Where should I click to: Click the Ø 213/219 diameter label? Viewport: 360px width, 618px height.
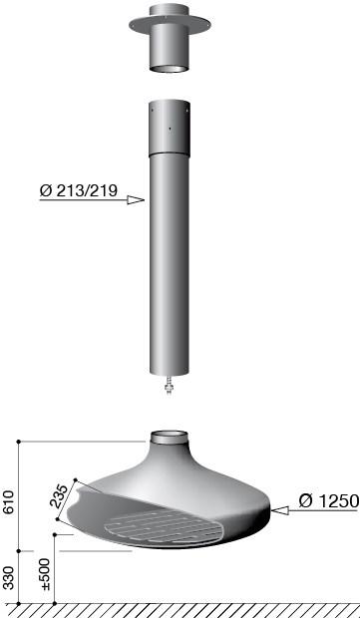point(79,190)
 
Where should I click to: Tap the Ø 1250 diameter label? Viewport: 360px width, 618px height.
point(329,501)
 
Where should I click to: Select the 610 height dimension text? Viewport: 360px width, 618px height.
point(9,502)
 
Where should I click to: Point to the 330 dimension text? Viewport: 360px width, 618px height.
point(9,578)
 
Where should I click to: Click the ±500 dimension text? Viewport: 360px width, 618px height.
point(45,574)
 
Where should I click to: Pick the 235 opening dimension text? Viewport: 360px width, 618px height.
point(60,495)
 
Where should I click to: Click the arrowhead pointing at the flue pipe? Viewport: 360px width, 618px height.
point(136,200)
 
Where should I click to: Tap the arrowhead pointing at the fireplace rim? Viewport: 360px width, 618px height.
point(280,510)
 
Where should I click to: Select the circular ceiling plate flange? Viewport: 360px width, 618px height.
point(170,25)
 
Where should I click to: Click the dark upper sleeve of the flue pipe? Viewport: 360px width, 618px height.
point(170,129)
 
